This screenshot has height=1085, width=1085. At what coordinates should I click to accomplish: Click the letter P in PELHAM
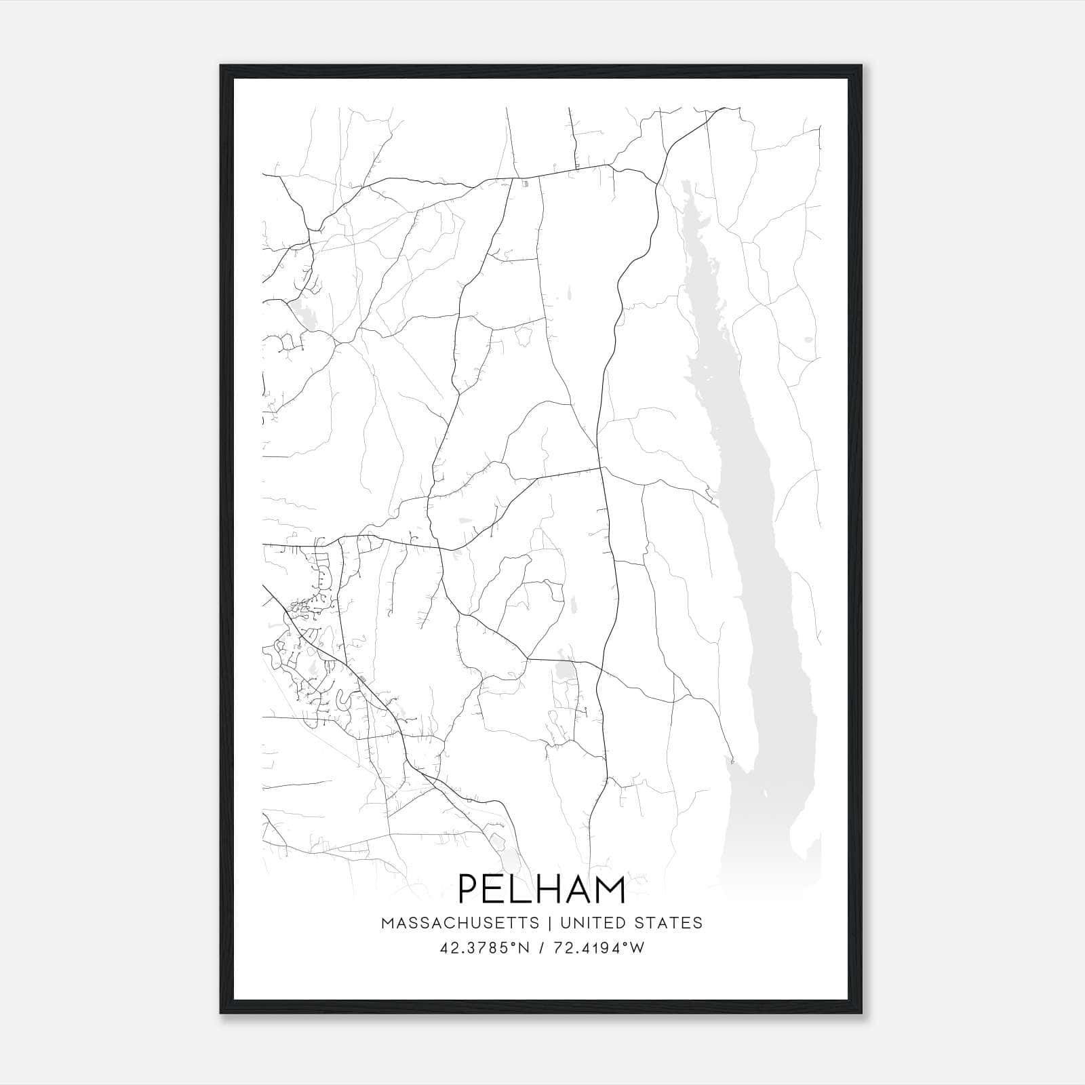(469, 889)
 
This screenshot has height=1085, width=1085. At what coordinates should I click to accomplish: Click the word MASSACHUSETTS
(460, 923)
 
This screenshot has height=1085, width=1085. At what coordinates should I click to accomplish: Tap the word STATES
(669, 923)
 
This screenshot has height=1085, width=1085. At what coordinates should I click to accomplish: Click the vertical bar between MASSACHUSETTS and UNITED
(548, 923)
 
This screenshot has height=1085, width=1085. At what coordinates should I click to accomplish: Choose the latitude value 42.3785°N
(482, 948)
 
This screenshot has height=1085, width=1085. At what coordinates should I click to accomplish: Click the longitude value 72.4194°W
(597, 948)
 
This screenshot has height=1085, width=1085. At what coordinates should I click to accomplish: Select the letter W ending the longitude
(637, 948)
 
